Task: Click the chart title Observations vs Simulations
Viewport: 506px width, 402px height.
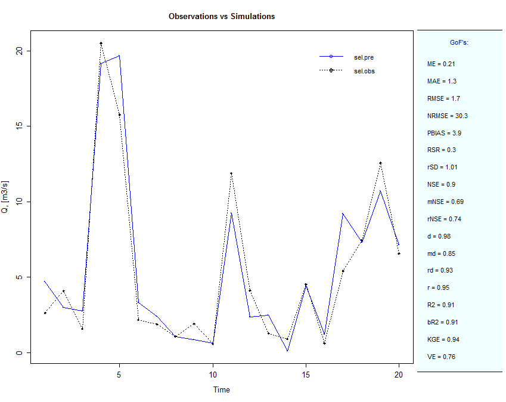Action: (x=222, y=17)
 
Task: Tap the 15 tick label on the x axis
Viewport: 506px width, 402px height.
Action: (x=306, y=375)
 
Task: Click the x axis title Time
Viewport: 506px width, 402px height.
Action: (x=221, y=389)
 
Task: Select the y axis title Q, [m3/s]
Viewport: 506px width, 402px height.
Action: (x=5, y=197)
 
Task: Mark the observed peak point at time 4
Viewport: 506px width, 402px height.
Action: (x=101, y=44)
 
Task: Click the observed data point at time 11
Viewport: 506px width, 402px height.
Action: (x=231, y=174)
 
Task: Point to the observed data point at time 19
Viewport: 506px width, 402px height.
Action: (x=380, y=163)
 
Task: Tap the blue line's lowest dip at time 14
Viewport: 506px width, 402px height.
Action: (x=287, y=351)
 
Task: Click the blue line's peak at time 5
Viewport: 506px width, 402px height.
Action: (x=119, y=55)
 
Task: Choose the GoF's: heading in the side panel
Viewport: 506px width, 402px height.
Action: (x=459, y=42)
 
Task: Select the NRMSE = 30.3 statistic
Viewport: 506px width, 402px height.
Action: (x=447, y=116)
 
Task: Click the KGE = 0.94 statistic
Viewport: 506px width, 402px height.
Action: (x=443, y=339)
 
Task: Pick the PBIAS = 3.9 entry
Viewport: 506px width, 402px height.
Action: (x=444, y=133)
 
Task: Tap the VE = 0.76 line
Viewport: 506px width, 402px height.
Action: (x=441, y=357)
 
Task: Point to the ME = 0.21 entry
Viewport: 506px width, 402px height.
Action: (x=441, y=64)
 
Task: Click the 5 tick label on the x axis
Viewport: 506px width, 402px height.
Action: (x=119, y=375)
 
